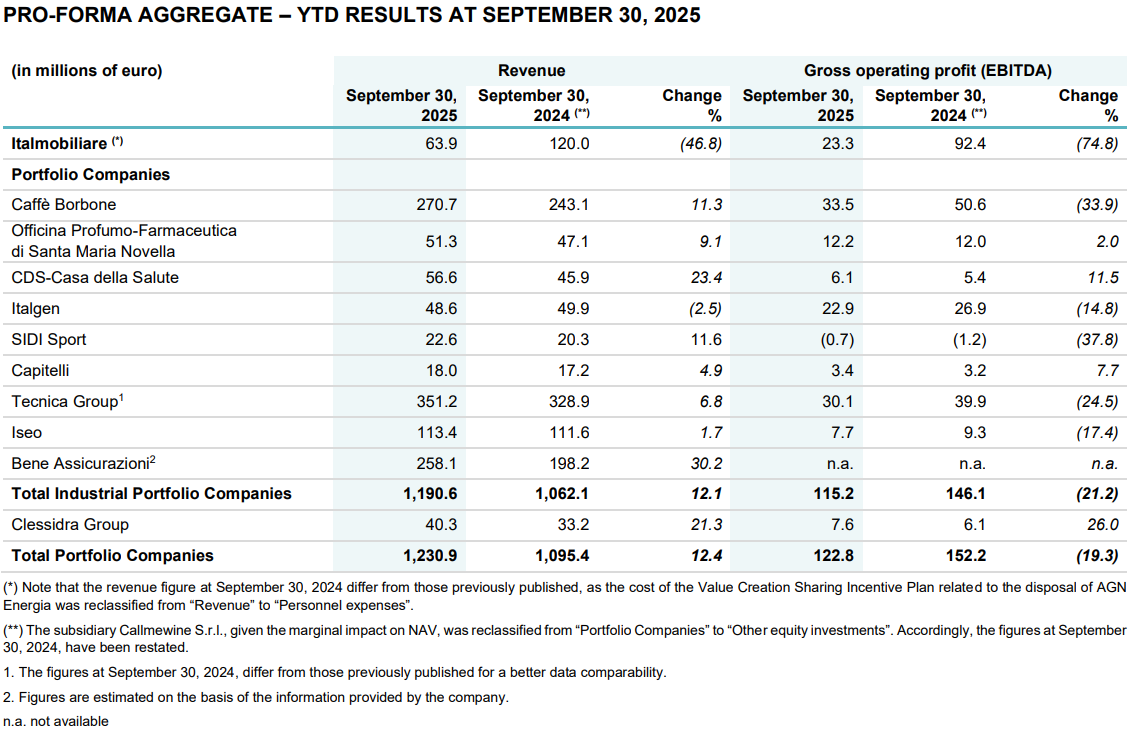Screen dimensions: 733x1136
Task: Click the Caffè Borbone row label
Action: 64,205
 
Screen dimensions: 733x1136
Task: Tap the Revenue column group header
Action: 531,71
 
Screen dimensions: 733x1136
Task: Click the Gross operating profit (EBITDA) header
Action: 927,71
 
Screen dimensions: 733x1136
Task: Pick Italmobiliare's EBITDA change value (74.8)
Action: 1096,143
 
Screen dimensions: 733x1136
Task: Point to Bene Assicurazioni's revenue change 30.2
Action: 703,464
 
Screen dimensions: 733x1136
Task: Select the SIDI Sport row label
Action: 49,340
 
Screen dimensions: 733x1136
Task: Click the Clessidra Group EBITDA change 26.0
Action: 1100,525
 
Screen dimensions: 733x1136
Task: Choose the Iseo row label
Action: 27,433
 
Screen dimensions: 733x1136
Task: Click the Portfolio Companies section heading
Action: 91,175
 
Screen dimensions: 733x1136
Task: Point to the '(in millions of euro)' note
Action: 86,71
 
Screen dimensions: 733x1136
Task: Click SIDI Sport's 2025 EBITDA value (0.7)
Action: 836,340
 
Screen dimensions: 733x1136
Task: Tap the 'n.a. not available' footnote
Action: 57,721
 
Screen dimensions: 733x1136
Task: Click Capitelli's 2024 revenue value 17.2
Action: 570,371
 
